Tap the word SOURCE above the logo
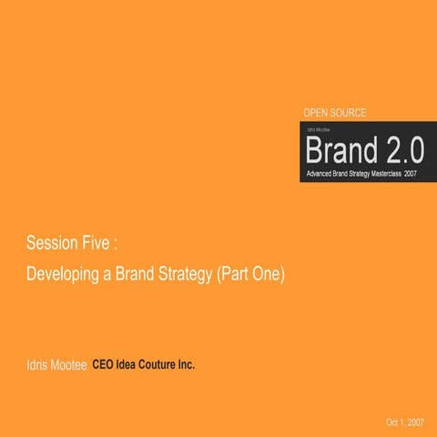click(351, 113)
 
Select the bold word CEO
click(104, 365)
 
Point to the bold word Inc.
click(187, 365)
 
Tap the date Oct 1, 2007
click(405, 423)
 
